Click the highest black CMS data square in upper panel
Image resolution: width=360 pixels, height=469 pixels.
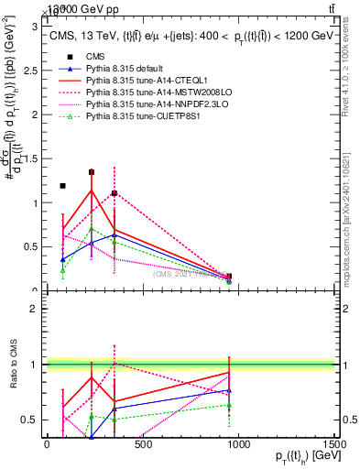(x=92, y=171)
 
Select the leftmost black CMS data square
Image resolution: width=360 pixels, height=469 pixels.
(x=62, y=186)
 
